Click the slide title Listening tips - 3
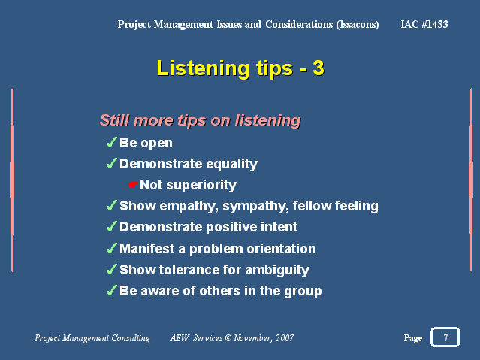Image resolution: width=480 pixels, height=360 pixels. click(x=240, y=68)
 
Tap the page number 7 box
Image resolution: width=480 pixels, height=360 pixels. click(x=445, y=337)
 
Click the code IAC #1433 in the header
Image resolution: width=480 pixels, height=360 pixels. click(x=424, y=24)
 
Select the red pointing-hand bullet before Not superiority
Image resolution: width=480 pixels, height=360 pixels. click(x=132, y=185)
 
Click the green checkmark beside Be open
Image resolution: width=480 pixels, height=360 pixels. click(x=112, y=142)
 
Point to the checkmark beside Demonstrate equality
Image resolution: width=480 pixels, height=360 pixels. click(x=112, y=163)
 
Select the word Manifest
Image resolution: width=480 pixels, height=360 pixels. click(x=147, y=249)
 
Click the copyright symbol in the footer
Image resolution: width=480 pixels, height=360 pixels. click(x=228, y=337)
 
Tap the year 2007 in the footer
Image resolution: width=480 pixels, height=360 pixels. click(x=285, y=337)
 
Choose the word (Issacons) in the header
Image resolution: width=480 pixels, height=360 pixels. click(x=358, y=25)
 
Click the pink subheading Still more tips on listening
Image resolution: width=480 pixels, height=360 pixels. click(x=201, y=120)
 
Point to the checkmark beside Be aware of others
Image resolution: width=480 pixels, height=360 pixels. click(x=112, y=290)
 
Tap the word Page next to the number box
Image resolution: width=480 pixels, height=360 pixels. click(x=413, y=338)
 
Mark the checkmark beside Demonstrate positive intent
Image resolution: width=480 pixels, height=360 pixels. click(x=112, y=226)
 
